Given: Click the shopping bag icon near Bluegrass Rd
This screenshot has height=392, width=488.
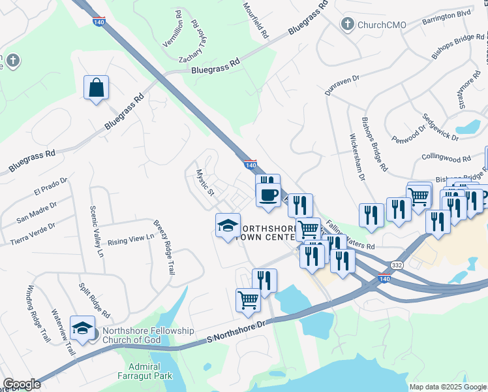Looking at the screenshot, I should point(96,88).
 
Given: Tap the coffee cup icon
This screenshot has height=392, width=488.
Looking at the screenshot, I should point(267,194).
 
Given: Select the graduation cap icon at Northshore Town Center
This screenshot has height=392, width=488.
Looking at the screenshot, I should point(228,226).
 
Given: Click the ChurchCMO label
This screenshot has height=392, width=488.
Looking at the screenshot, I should point(381,25).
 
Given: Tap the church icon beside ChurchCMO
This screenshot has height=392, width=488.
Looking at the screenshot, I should point(347,25).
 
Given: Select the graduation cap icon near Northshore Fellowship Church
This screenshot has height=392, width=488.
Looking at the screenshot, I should point(83,328).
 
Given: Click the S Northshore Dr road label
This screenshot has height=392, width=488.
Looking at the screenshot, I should point(237,331).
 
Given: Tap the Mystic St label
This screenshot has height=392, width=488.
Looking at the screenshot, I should point(206,182).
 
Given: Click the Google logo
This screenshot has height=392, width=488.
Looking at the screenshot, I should point(22,384).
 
